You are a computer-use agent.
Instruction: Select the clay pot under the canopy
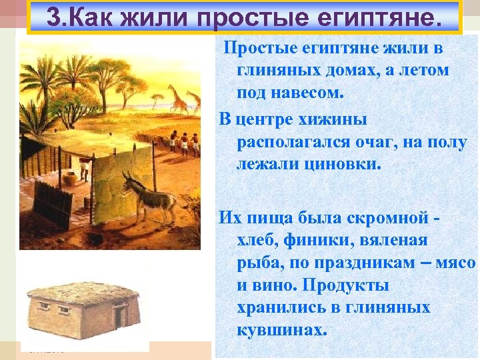[68, 179]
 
